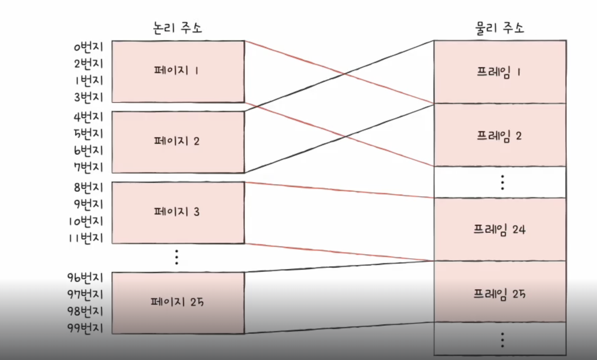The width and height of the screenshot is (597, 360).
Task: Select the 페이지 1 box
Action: click(178, 71)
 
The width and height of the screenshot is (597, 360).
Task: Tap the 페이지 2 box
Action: click(178, 141)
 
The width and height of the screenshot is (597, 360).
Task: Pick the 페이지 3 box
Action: click(178, 212)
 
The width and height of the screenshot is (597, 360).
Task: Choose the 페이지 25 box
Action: click(178, 302)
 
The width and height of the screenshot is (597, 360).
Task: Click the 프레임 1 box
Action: click(499, 72)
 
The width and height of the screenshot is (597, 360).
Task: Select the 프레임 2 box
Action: click(499, 135)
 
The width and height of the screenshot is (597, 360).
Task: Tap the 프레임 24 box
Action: click(499, 229)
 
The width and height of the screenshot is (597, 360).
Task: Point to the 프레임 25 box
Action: click(499, 294)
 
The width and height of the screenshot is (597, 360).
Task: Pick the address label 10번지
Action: click(87, 221)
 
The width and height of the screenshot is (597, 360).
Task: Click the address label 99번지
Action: click(85, 329)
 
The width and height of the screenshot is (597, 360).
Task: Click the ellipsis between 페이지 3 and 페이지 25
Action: click(177, 257)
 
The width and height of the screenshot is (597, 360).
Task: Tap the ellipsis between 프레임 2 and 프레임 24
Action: click(502, 182)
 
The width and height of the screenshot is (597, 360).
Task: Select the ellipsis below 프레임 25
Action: click(502, 339)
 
